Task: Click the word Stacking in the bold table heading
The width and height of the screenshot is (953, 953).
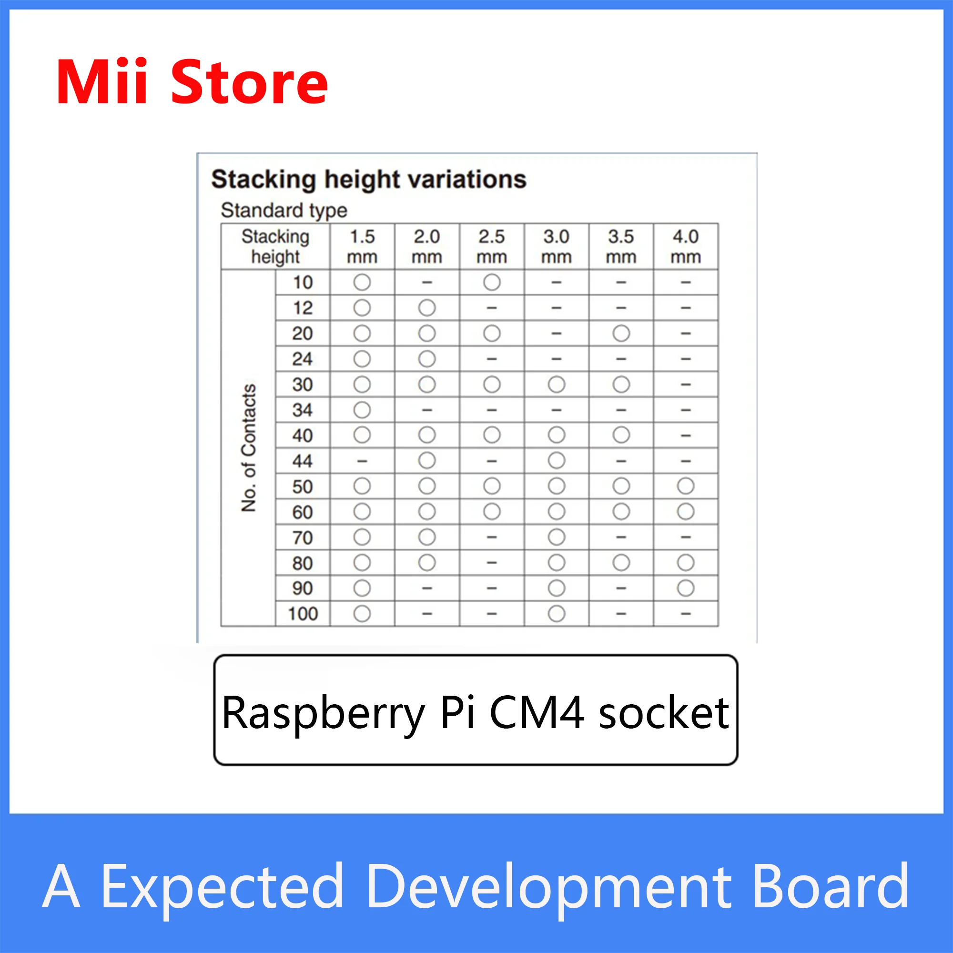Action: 264,180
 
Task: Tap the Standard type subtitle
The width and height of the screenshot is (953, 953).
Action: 284,211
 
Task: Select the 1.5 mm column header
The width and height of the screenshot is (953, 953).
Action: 362,247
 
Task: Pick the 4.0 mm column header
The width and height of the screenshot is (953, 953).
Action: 686,247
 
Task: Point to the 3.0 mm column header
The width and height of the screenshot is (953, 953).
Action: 557,247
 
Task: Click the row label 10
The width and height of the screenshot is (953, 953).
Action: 303,283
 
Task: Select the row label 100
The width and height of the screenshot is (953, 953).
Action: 303,614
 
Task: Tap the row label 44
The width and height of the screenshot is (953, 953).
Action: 303,461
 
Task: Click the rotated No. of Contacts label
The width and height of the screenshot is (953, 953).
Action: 249,447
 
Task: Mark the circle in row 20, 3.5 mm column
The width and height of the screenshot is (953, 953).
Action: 621,334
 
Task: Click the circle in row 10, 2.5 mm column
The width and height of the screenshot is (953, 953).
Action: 492,283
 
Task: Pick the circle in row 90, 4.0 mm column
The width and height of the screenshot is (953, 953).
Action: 686,588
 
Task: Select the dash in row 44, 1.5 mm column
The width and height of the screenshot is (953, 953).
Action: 362,461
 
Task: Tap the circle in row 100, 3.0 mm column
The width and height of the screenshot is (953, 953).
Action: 557,614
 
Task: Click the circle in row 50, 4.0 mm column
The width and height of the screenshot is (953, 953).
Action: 686,487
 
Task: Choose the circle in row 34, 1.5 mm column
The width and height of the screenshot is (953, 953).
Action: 362,410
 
